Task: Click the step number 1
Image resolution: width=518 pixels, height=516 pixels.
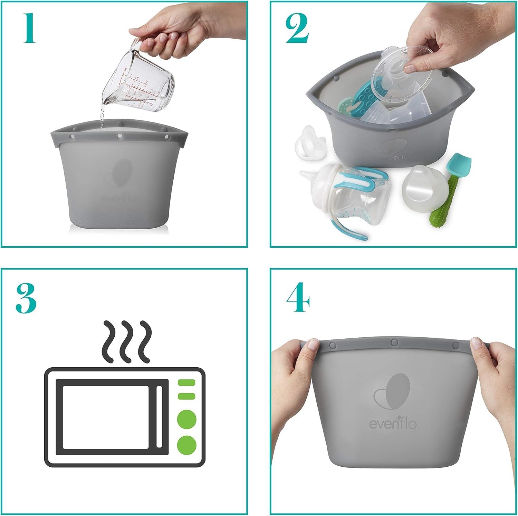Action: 29,28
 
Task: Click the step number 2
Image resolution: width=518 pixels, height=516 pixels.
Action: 297,29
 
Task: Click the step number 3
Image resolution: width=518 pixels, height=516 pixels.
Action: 26,298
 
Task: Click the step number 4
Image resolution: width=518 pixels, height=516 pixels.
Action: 298,297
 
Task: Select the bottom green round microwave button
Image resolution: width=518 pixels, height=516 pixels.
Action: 186,444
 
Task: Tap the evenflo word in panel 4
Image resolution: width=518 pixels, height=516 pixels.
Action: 393,423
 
